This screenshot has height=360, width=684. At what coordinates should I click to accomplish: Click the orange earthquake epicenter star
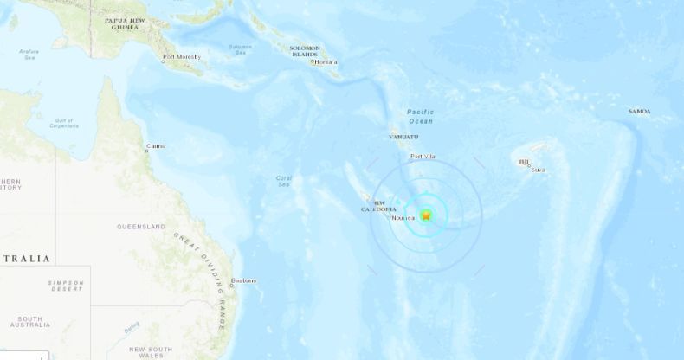coord(426,215)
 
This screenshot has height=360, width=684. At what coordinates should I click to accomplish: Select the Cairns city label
coord(156,146)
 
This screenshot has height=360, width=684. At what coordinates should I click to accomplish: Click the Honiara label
coord(327,62)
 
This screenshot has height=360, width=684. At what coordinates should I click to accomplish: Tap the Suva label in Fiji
coord(538,170)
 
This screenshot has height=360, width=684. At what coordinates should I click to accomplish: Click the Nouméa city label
coord(403,218)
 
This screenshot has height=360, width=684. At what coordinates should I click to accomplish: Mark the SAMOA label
coord(640,112)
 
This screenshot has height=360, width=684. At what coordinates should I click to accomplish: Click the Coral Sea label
coord(283,181)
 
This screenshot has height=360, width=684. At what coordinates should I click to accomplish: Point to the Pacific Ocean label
coord(422,116)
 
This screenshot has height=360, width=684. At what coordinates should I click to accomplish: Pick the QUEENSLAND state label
coord(140,227)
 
